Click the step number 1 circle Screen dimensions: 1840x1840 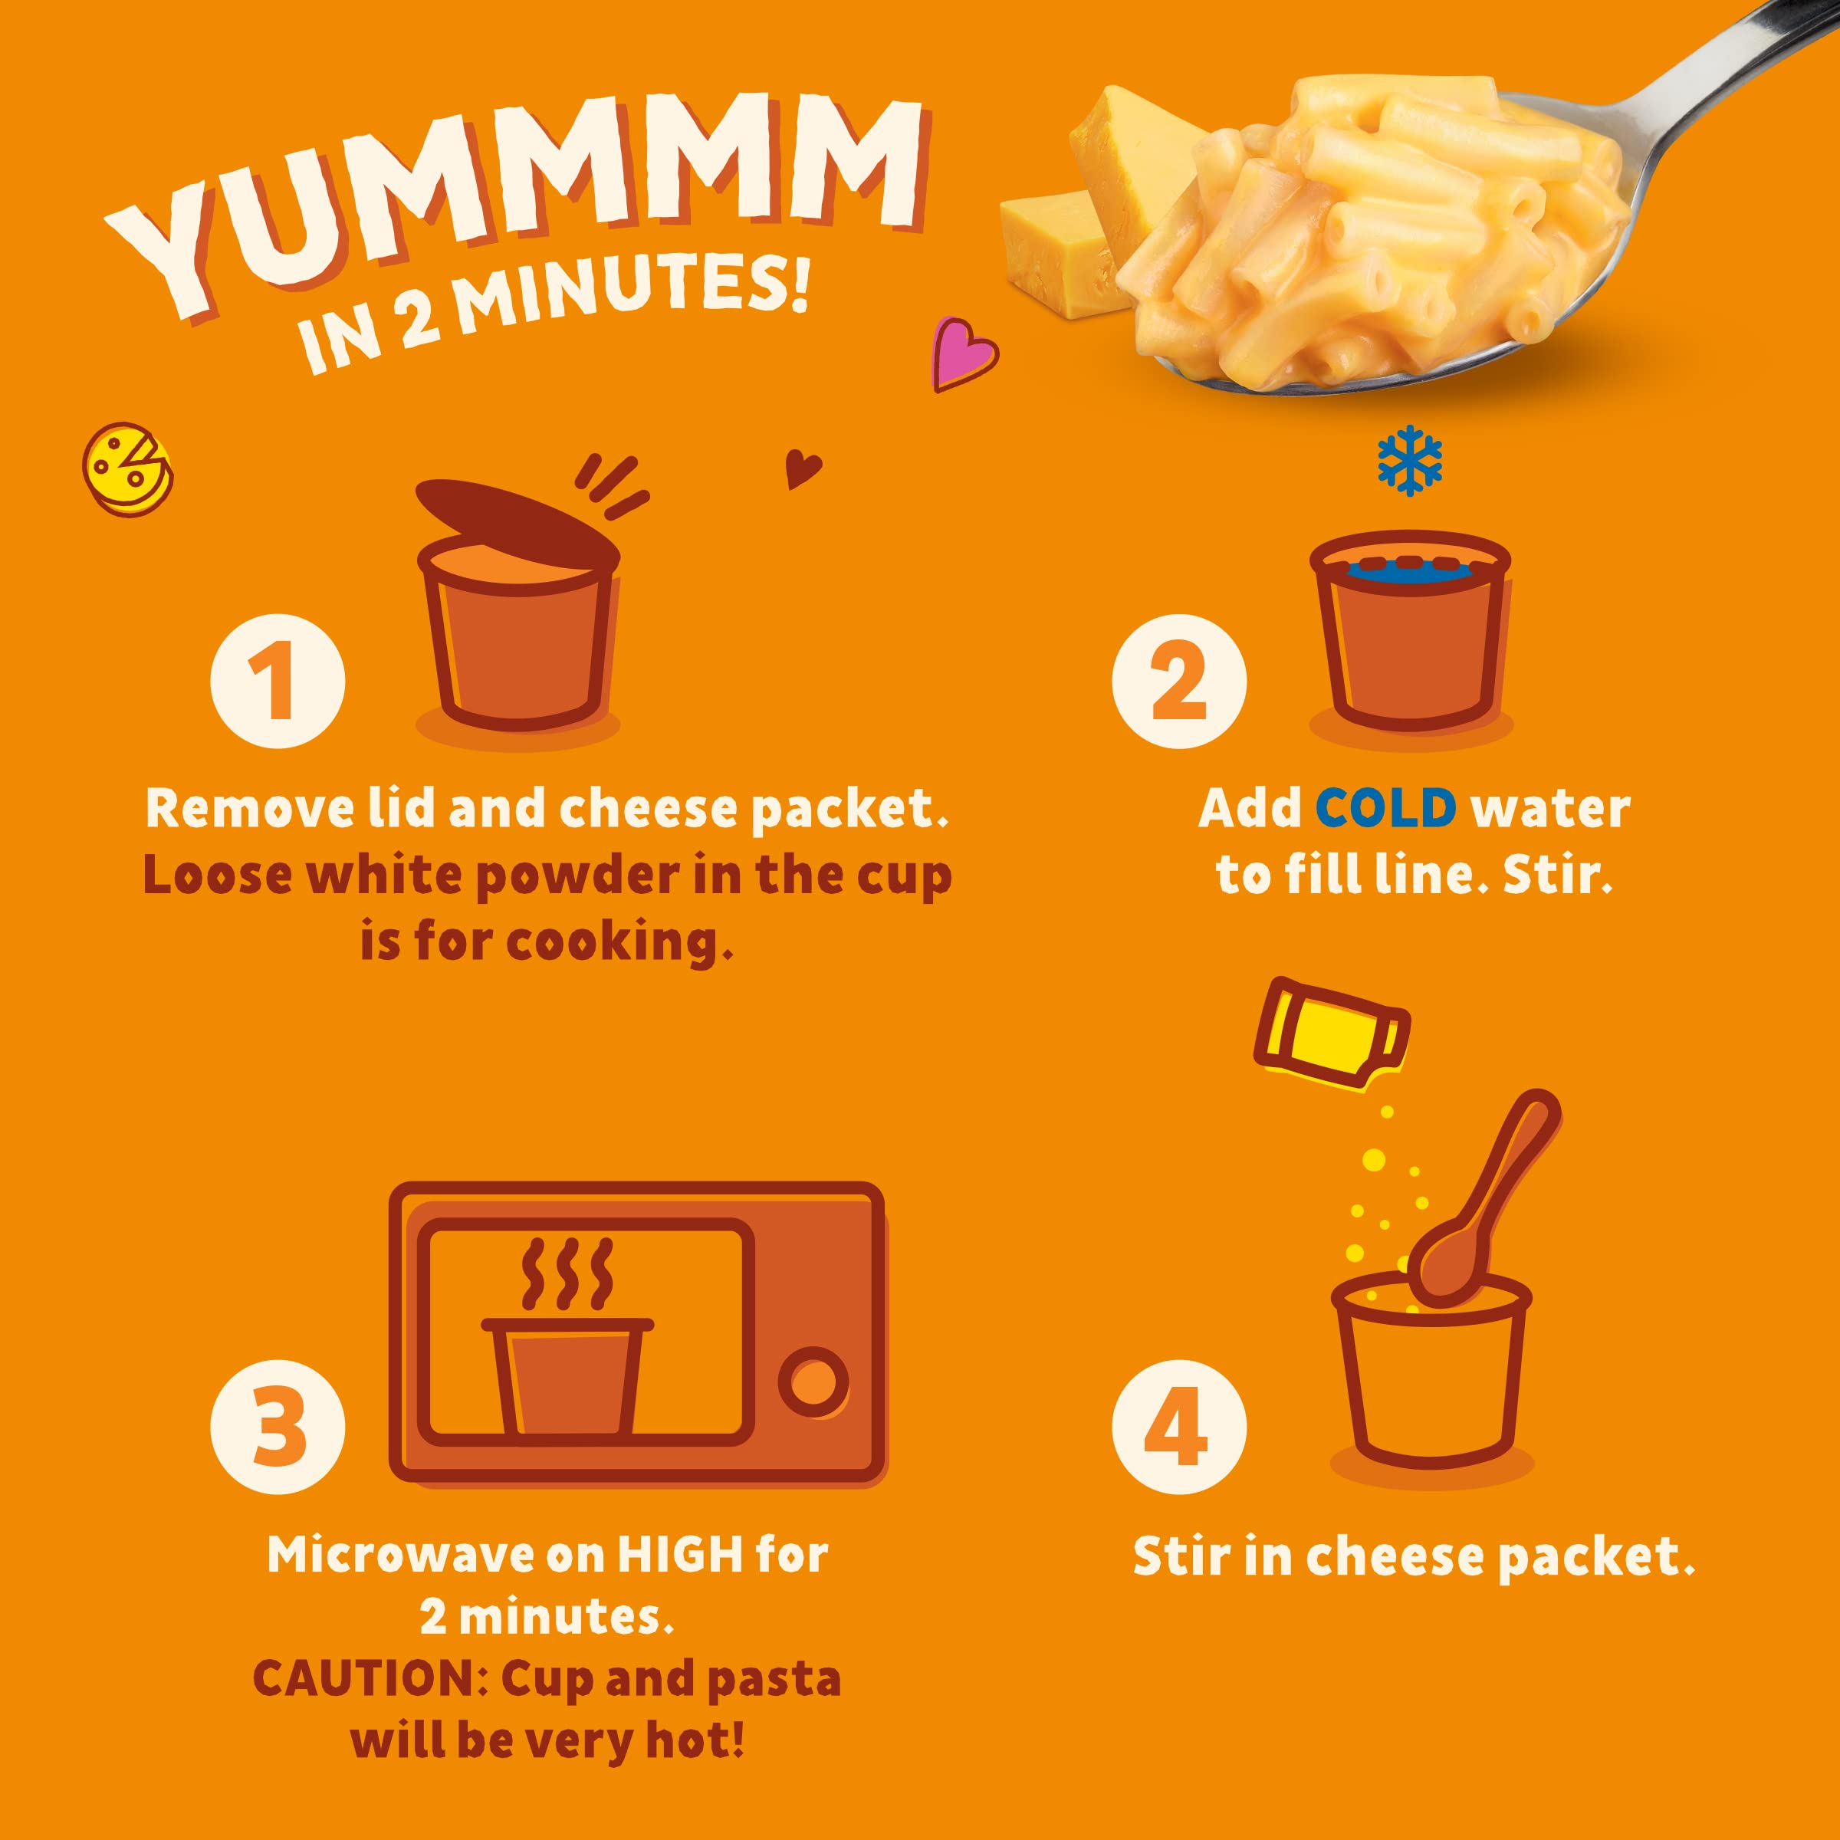point(277,682)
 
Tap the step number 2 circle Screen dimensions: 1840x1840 point(1178,682)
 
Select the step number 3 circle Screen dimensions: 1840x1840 point(277,1428)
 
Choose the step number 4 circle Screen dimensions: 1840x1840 point(1178,1428)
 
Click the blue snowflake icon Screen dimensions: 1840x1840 point(1410,460)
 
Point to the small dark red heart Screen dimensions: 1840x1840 point(802,468)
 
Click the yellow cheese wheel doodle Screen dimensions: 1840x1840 point(127,468)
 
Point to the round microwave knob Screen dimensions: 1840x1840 point(813,1381)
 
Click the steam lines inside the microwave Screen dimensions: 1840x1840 point(566,1273)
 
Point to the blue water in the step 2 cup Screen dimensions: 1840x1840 point(1410,570)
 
